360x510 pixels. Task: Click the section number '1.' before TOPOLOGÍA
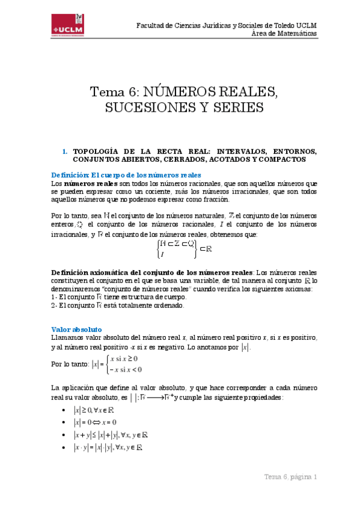click(x=65, y=151)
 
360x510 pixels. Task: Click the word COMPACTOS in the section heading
click(x=282, y=159)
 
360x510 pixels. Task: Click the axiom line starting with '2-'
click(x=117, y=305)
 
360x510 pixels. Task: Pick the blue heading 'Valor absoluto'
click(x=76, y=329)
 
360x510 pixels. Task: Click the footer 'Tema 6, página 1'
click(x=290, y=477)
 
